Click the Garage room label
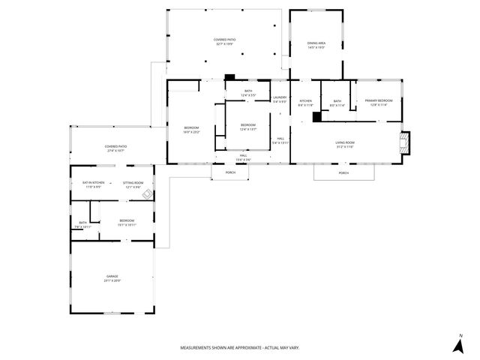click(x=112, y=277)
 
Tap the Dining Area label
click(x=316, y=43)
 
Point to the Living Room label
click(x=344, y=142)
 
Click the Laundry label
click(x=280, y=97)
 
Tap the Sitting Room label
click(x=133, y=182)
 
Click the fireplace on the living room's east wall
click(x=406, y=143)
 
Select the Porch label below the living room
click(x=343, y=173)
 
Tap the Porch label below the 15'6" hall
click(x=230, y=172)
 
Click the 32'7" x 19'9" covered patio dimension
click(x=224, y=44)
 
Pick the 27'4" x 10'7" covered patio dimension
click(x=115, y=151)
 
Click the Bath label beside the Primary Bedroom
click(x=337, y=101)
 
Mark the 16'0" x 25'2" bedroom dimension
click(x=192, y=132)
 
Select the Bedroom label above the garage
click(x=127, y=220)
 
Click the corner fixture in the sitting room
click(x=148, y=194)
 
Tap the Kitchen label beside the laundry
click(x=305, y=101)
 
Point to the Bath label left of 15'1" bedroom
click(x=82, y=223)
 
